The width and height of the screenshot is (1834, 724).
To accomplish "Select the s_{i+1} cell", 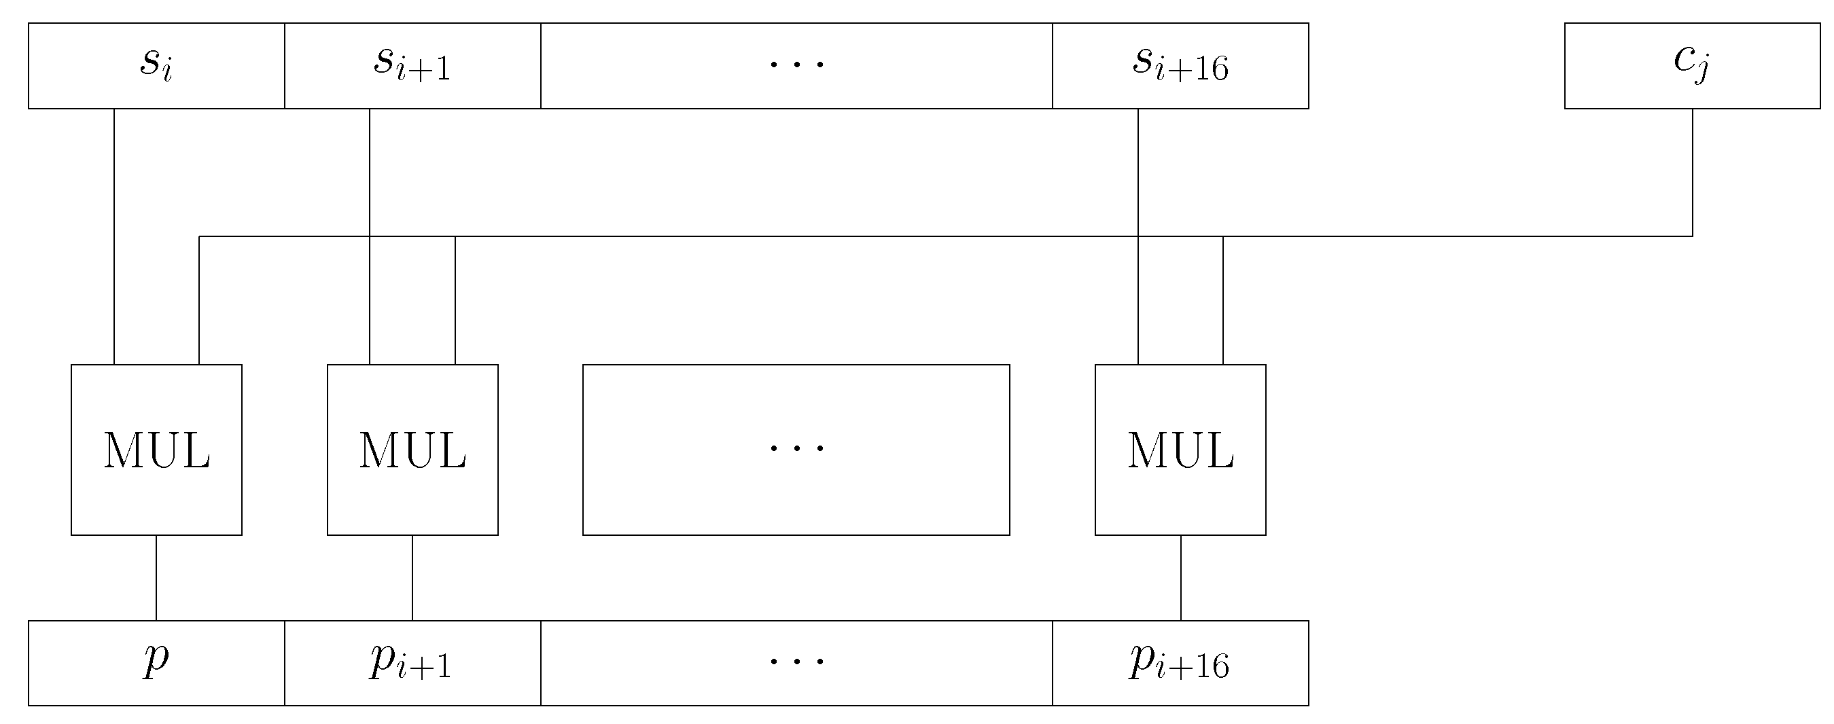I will pyautogui.click(x=412, y=65).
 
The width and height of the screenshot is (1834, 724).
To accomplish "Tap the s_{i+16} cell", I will pyautogui.click(x=1180, y=65).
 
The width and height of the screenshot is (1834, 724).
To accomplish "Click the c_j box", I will pyautogui.click(x=1691, y=65).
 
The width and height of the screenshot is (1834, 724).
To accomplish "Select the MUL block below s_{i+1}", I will pyautogui.click(x=412, y=450).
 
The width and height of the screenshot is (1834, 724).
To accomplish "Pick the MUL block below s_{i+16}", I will pyautogui.click(x=1180, y=450).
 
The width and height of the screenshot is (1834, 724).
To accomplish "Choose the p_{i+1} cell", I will pyautogui.click(x=412, y=663).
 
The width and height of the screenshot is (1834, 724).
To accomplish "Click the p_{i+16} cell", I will pyautogui.click(x=1180, y=663).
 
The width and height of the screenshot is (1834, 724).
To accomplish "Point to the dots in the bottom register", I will pyautogui.click(x=796, y=662).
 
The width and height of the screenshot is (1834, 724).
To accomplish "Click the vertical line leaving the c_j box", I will pyautogui.click(x=1692, y=171).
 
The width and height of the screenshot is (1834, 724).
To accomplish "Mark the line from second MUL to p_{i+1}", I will pyautogui.click(x=412, y=577).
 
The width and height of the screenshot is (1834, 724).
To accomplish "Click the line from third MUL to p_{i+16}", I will pyautogui.click(x=1180, y=577).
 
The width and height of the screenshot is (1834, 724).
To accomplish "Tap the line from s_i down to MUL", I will pyautogui.click(x=114, y=235).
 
